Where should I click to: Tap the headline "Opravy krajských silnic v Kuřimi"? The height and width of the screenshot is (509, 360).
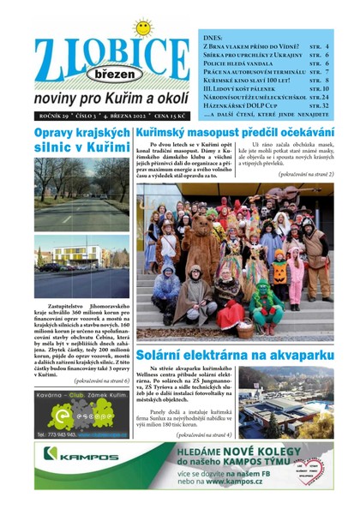tap(81, 142)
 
